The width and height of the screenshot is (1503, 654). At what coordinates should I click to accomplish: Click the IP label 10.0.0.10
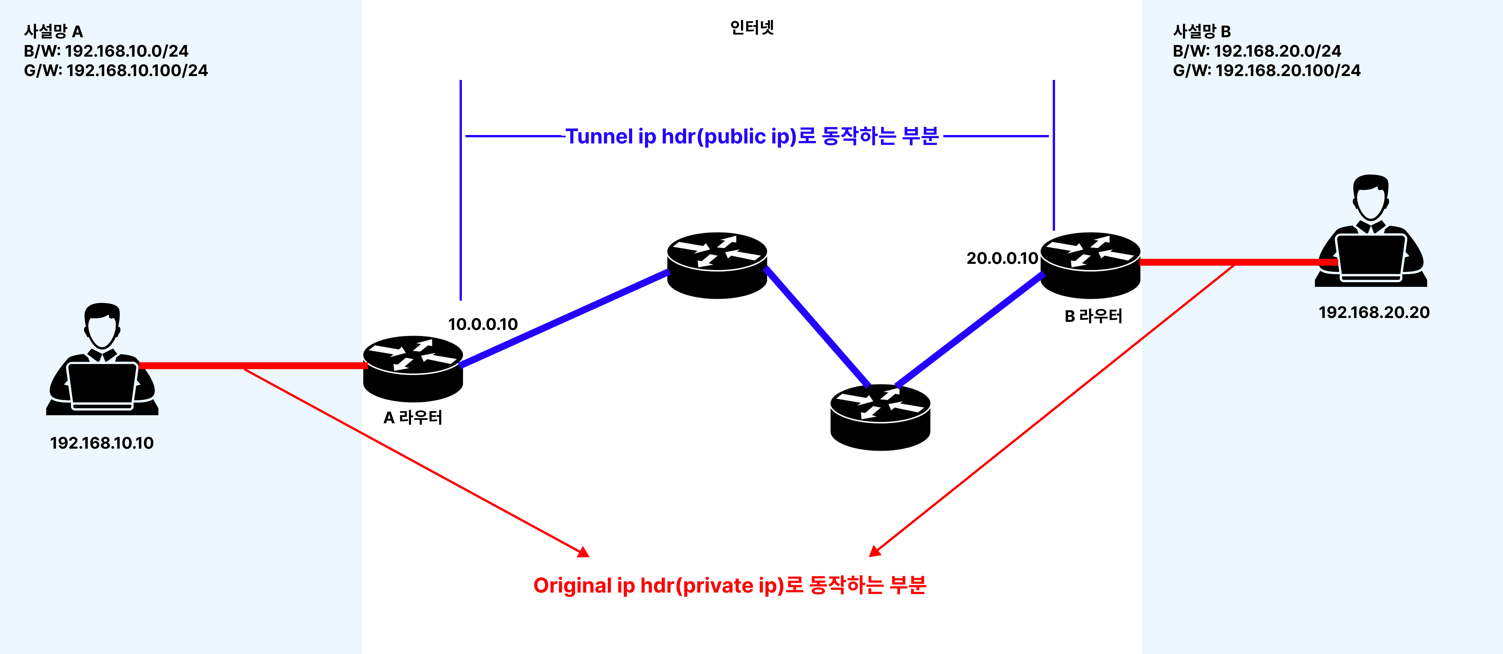482,324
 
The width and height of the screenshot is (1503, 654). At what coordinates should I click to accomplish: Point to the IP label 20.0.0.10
1002,258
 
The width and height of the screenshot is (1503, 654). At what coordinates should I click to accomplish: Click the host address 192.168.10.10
102,443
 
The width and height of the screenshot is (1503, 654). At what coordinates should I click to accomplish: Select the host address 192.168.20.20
1374,312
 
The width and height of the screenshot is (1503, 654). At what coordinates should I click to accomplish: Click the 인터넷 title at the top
752,27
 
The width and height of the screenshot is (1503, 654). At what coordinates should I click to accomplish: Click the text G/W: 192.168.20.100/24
1266,71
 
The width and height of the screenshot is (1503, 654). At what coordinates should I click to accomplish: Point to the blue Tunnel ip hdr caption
752,136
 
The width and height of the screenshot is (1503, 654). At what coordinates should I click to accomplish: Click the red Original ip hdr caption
729,585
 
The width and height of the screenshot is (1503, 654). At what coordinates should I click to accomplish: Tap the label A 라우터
413,418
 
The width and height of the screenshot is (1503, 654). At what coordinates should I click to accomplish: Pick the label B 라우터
1093,316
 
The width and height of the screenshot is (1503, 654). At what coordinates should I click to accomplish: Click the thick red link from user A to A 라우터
251,365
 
